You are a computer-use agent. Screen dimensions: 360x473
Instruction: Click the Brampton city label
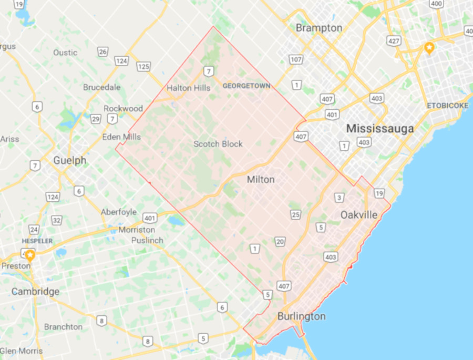[x=319, y=28]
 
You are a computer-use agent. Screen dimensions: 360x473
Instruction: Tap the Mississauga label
[x=380, y=128]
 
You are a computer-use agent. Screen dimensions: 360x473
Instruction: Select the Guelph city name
[x=69, y=161]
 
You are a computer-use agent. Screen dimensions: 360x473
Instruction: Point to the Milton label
[x=261, y=180]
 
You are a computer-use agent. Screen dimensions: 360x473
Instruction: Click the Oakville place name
[x=359, y=215]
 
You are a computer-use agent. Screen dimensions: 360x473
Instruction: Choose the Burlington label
[x=301, y=316]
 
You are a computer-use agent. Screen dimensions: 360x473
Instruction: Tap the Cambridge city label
[x=35, y=292]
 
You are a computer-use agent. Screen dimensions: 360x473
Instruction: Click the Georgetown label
[x=246, y=86]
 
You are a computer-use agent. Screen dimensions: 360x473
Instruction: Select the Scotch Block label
[x=218, y=144]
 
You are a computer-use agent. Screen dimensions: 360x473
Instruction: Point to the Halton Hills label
[x=189, y=88]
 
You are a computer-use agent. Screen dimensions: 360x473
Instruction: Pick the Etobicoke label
[x=447, y=106]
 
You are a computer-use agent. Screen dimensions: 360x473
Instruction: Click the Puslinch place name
[x=148, y=241]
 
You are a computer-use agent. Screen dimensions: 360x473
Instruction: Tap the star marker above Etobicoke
[x=429, y=48]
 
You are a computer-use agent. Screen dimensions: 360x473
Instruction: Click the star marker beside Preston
[x=30, y=255]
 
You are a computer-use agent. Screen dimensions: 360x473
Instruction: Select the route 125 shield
[x=143, y=66]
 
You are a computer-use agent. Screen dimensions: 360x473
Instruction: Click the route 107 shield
[x=296, y=59]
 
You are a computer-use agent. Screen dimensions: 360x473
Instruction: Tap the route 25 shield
[x=296, y=214]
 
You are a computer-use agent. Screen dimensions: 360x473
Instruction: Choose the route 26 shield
[x=103, y=52]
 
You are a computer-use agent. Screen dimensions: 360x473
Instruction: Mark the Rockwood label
[x=123, y=108]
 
